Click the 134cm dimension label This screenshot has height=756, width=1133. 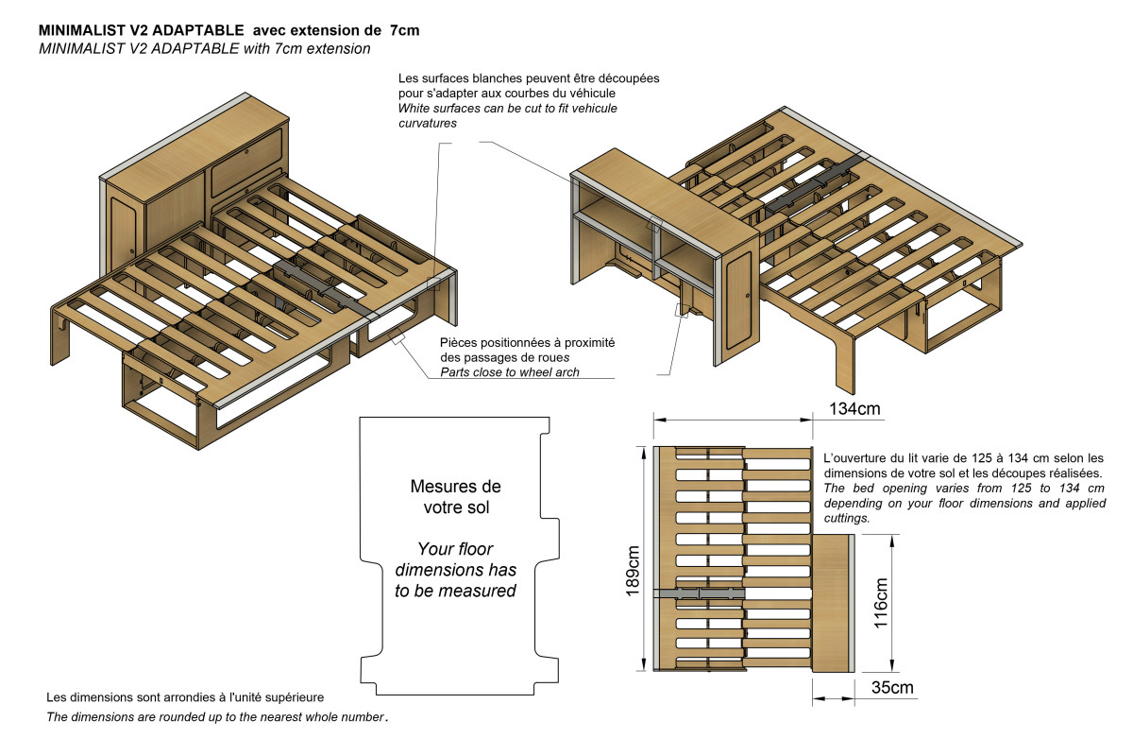(x=854, y=410)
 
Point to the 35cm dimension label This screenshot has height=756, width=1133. (x=892, y=688)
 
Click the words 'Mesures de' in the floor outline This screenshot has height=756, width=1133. (x=455, y=487)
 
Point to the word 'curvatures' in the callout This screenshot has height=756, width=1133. (x=428, y=124)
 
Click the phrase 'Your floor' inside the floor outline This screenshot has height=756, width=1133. (x=455, y=549)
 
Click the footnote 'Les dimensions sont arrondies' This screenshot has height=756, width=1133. (x=142, y=697)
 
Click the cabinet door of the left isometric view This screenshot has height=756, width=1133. (x=123, y=227)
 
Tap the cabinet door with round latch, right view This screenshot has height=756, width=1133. (x=740, y=298)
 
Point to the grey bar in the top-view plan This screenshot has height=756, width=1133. (x=700, y=593)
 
